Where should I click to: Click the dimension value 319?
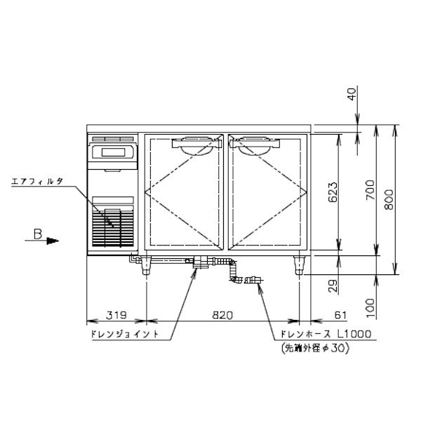116,315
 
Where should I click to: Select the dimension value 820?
222,315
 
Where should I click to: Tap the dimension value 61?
340,315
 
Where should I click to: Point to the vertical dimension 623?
333,192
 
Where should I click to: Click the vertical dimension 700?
370,189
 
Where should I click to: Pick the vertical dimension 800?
389,199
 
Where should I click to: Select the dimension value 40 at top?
352,94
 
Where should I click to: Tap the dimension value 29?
333,286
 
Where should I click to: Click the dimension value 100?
370,308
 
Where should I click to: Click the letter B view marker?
38,234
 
